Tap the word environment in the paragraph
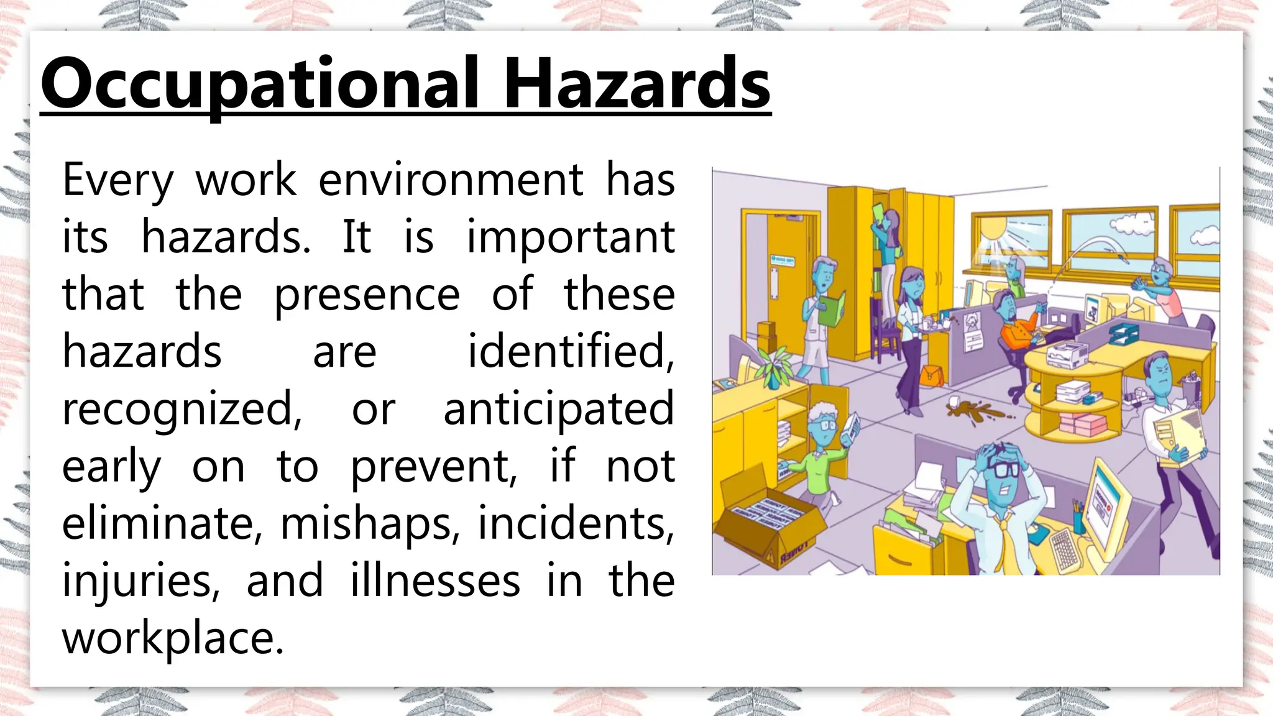(451, 180)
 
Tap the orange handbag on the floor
(931, 375)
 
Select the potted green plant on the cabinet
(773, 367)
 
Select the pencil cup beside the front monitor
(1078, 519)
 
